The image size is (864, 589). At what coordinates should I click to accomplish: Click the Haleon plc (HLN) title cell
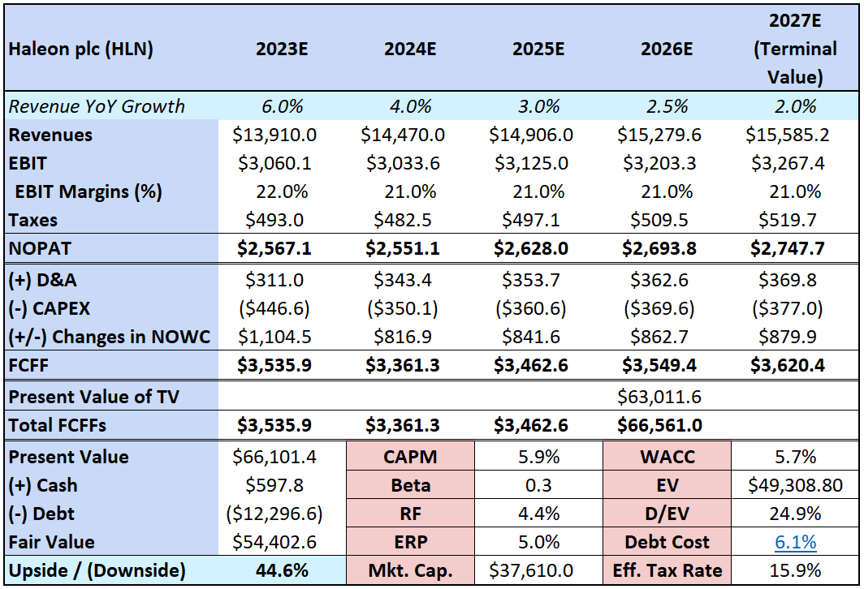[x=80, y=49]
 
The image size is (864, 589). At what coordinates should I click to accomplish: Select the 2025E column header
[x=538, y=49]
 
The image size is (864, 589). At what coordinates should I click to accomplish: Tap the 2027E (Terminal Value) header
[x=795, y=49]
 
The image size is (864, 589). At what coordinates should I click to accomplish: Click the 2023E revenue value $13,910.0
[x=282, y=135]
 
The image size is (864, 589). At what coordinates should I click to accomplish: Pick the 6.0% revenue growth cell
[x=282, y=106]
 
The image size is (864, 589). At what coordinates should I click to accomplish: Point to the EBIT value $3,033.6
[x=410, y=163]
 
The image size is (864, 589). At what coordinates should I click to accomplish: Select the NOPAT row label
[x=38, y=248]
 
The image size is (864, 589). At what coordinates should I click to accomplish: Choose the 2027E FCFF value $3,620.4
[x=795, y=365]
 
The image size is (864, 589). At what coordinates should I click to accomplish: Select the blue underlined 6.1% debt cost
[x=795, y=542]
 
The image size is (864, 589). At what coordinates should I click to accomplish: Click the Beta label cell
[x=410, y=485]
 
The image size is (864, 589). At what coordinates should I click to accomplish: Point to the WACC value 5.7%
[x=795, y=457]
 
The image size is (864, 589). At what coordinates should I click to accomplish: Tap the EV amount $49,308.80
[x=795, y=485]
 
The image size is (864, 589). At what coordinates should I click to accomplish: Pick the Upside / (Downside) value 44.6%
[x=282, y=570]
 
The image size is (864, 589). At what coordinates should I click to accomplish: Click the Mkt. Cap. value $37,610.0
[x=538, y=570]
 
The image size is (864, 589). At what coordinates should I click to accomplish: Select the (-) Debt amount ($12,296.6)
[x=282, y=514]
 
